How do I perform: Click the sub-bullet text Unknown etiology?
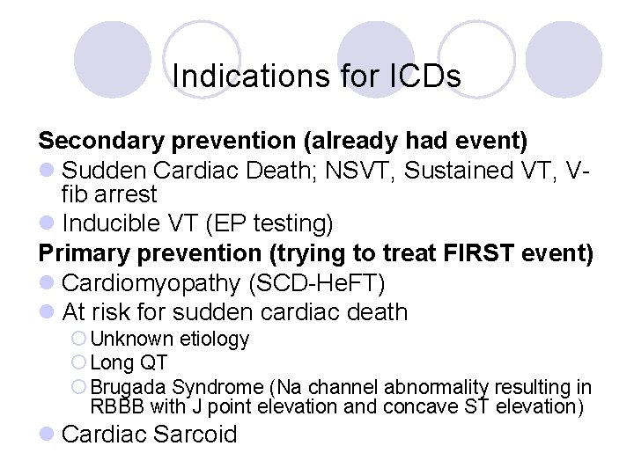(169, 339)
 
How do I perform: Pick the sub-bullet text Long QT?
(129, 362)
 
